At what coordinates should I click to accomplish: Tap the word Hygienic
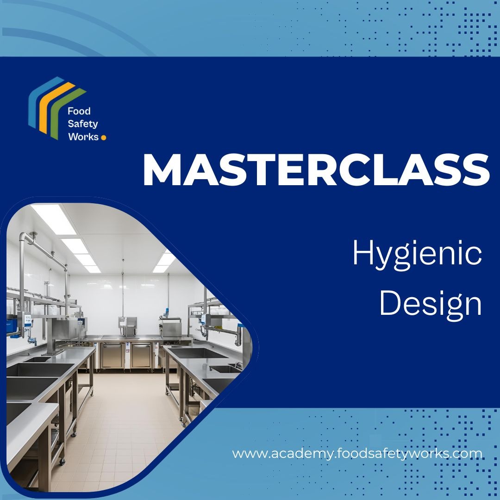tap(417, 256)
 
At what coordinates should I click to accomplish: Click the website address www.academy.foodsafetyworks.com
tap(357, 453)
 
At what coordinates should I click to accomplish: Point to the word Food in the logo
tap(79, 111)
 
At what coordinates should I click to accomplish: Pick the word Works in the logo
tap(83, 137)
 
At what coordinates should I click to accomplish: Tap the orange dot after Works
tap(103, 137)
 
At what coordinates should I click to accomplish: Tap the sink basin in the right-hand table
tap(194, 353)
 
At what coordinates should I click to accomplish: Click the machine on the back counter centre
tap(128, 326)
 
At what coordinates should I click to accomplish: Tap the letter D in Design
tap(388, 304)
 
